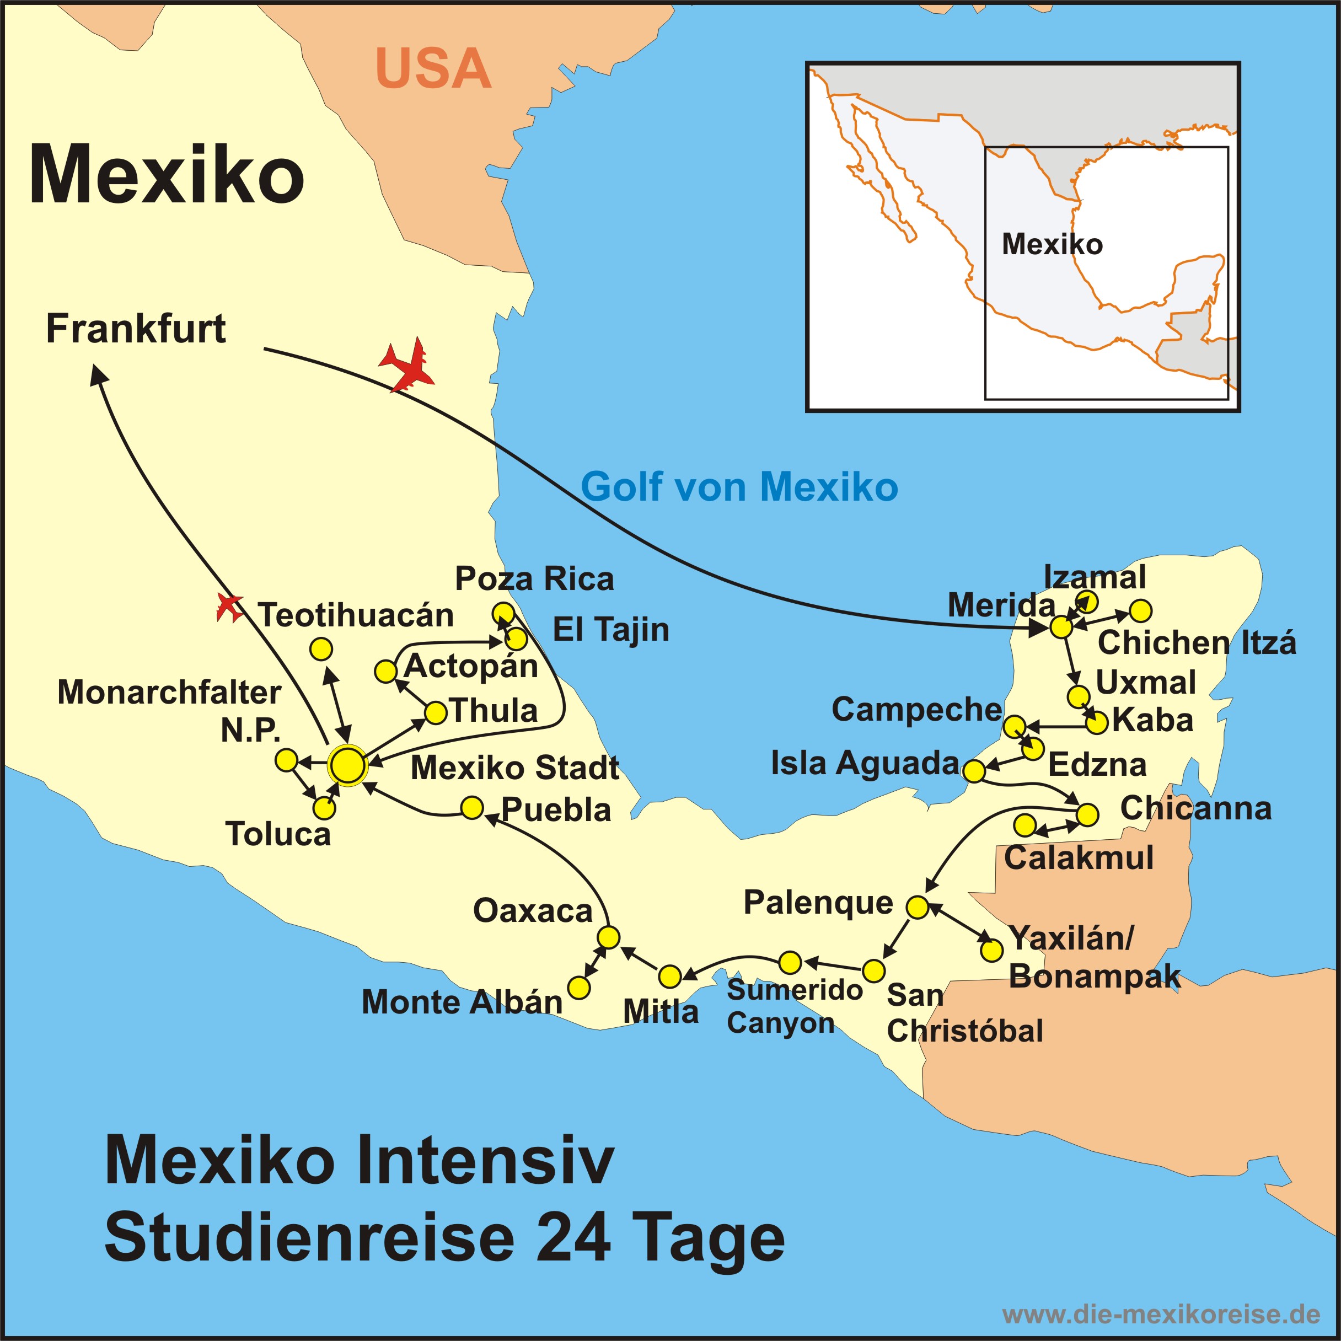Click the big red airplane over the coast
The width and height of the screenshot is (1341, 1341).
(x=408, y=364)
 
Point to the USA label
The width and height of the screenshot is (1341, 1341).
(x=433, y=69)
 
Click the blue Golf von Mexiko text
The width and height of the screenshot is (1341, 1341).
(x=739, y=486)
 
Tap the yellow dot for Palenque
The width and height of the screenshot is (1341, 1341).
(x=917, y=906)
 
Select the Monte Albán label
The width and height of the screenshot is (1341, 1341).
(x=462, y=1002)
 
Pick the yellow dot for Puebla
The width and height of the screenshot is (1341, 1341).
(x=472, y=808)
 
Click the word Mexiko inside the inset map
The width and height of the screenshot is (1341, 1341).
(x=1052, y=244)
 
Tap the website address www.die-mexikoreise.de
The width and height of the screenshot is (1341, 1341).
(x=1161, y=1314)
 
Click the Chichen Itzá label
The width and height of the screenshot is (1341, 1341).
(x=1197, y=643)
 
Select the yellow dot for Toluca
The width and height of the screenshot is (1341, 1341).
(x=324, y=808)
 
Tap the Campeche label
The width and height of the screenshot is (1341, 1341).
(x=916, y=709)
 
